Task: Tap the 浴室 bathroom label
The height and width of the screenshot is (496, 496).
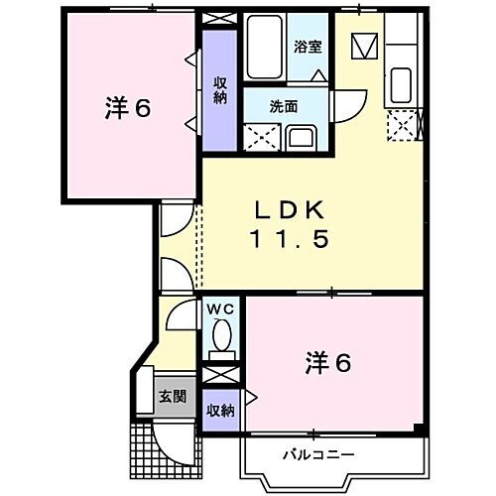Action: [307, 46]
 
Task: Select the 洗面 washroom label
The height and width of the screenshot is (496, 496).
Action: [284, 106]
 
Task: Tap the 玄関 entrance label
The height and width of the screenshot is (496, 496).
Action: [172, 396]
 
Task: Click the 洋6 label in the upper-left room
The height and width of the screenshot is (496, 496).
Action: [128, 108]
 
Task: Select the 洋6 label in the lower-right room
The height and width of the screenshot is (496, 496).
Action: [327, 363]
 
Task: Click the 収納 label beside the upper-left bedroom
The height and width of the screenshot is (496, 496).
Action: [219, 90]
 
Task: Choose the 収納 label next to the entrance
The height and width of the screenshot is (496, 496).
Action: [219, 410]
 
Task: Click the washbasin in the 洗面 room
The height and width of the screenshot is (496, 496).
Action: [302, 136]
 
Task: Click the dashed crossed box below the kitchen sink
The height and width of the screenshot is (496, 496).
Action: [403, 124]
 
